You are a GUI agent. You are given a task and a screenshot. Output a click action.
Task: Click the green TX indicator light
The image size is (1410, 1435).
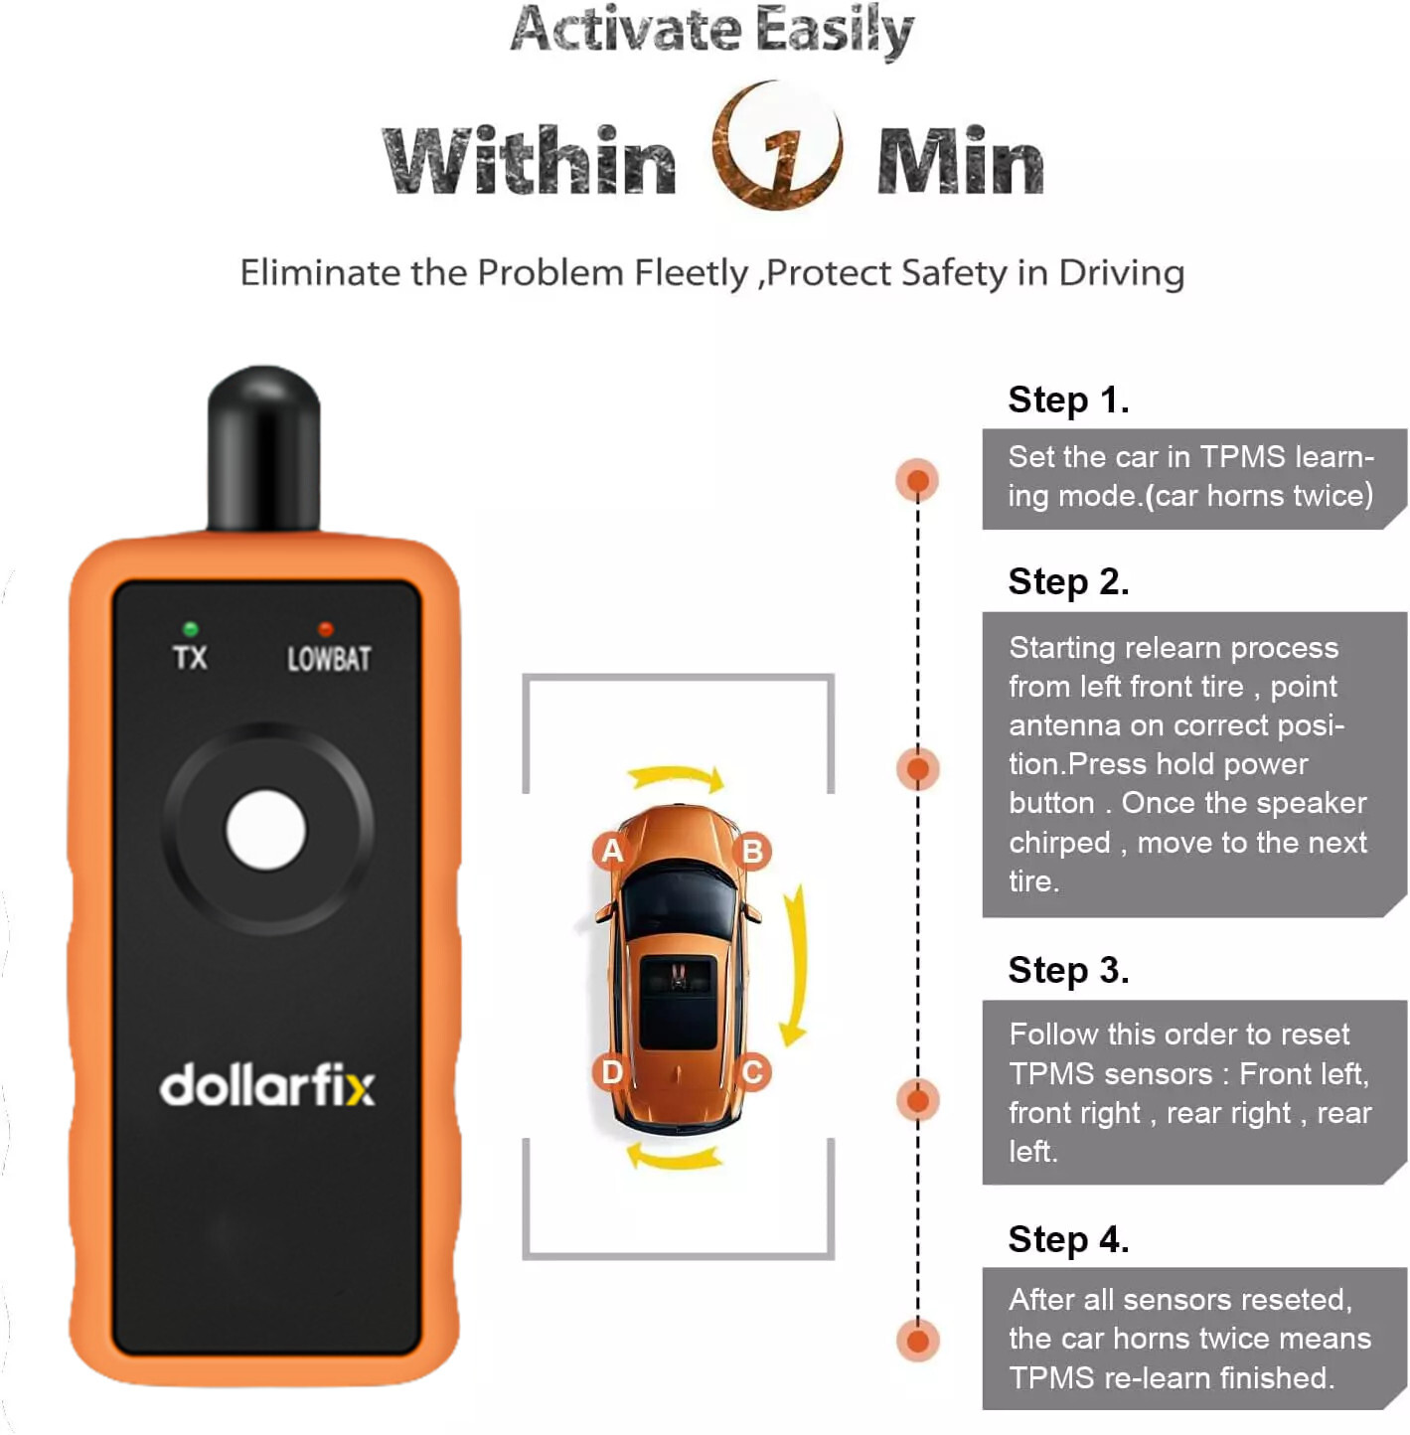[x=190, y=629]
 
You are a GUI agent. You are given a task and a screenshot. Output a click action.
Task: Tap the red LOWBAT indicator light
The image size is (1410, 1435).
[x=325, y=629]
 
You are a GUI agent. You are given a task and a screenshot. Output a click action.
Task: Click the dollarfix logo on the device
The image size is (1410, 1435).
[x=267, y=1085]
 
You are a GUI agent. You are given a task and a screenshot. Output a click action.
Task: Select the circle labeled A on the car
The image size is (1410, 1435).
[x=612, y=851]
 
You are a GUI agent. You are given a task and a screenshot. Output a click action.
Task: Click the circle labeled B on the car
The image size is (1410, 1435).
[x=752, y=852]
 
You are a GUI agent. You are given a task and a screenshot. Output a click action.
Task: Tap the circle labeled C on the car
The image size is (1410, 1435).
[x=752, y=1072]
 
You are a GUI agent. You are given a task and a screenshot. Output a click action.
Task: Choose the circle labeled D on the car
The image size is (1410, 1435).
[x=612, y=1072]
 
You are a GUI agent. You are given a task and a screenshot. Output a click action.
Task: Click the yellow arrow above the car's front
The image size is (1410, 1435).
[x=676, y=776]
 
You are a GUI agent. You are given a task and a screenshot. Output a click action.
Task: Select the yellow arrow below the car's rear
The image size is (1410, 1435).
[x=675, y=1157]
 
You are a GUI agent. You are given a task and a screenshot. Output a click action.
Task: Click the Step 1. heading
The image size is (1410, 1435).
[x=1068, y=399]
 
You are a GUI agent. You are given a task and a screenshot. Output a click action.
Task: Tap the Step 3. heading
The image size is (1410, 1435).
[x=1068, y=970]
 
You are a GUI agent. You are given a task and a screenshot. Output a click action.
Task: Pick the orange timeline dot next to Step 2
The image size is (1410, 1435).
[x=917, y=768]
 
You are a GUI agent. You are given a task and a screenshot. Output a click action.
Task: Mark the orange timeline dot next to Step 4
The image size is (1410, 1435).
[x=917, y=1341]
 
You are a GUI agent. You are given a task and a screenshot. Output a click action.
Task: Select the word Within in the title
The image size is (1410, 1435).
[x=530, y=161]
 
